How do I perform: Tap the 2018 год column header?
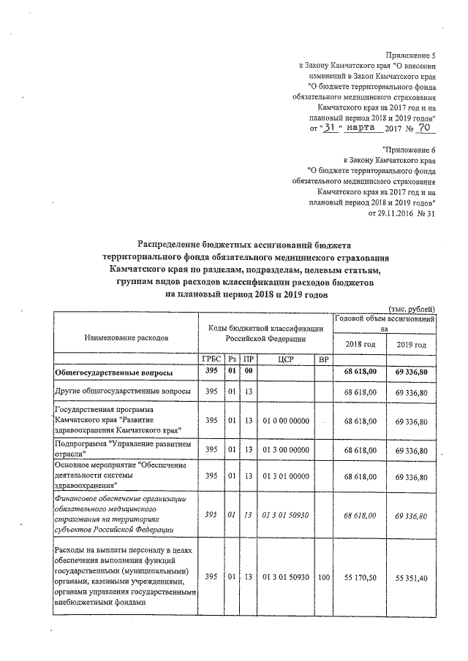pyautogui.click(x=359, y=345)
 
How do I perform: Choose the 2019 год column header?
pyautogui.click(x=411, y=345)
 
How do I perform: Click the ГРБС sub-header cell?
pyautogui.click(x=211, y=359)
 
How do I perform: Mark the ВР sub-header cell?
pyautogui.click(x=323, y=359)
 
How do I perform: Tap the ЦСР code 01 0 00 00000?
pyautogui.click(x=285, y=421)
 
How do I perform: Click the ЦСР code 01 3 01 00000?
pyautogui.click(x=285, y=475)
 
